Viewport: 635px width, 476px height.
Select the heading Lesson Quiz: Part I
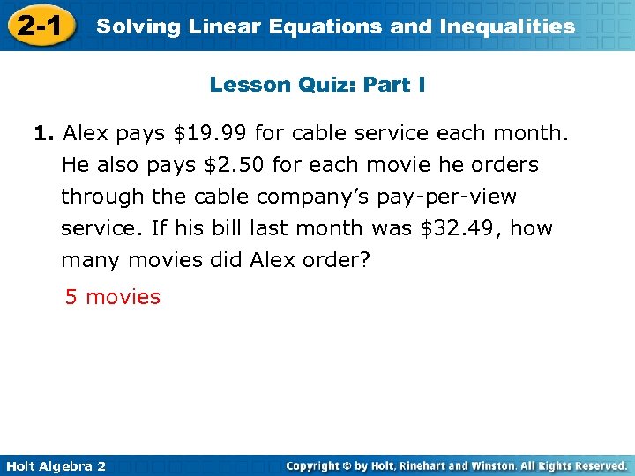click(317, 85)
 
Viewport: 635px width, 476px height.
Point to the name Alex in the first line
click(86, 134)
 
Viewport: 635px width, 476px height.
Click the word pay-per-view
click(451, 197)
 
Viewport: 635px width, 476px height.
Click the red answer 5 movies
click(113, 297)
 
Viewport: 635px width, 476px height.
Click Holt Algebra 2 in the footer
click(55, 465)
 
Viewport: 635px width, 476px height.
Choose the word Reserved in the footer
click(596, 465)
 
